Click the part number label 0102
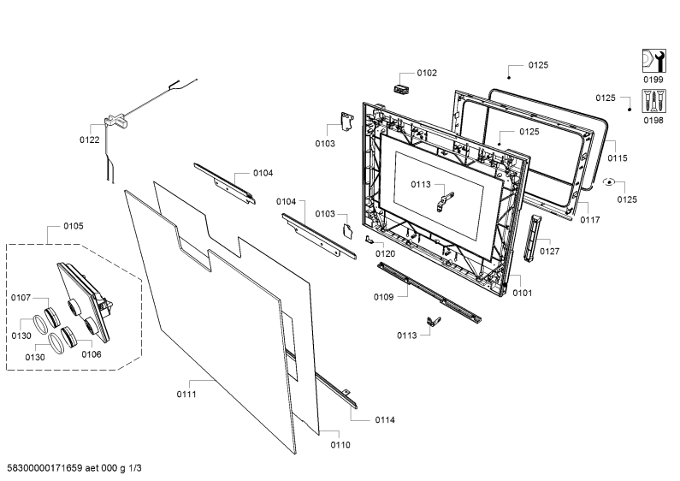(427, 73)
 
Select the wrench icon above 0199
(653, 61)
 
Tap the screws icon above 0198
(653, 101)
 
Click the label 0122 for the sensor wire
(89, 140)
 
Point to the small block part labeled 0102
(401, 88)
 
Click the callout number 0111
(186, 395)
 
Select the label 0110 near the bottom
(340, 445)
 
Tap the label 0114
(385, 419)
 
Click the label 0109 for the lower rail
(384, 297)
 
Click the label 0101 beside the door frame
(522, 293)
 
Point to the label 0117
(590, 220)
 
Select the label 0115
(617, 158)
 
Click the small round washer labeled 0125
(609, 182)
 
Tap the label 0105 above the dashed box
(74, 226)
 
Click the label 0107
(21, 297)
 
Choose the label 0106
(92, 354)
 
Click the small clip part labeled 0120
(369, 239)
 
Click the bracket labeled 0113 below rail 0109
(434, 321)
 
